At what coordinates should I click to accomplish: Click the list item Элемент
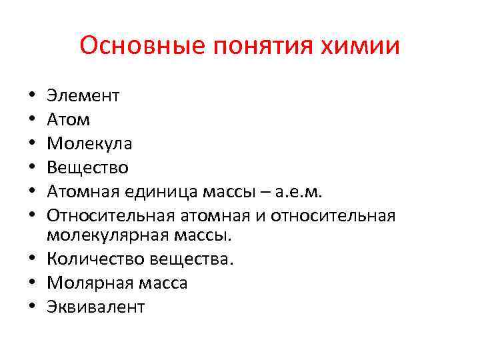tap(83, 96)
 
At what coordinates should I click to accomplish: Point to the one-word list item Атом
tap(69, 120)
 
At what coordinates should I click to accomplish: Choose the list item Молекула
tap(89, 143)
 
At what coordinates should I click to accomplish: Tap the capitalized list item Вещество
tap(87, 167)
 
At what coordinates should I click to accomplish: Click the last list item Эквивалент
tap(95, 307)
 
